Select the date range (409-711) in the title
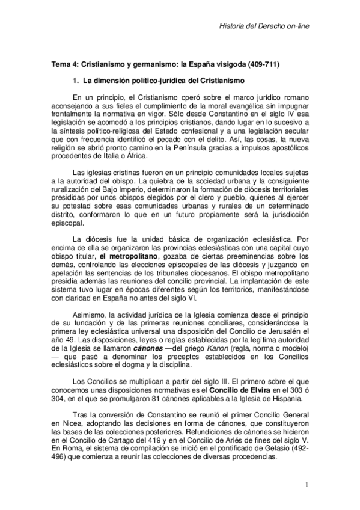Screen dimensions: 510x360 261,63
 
